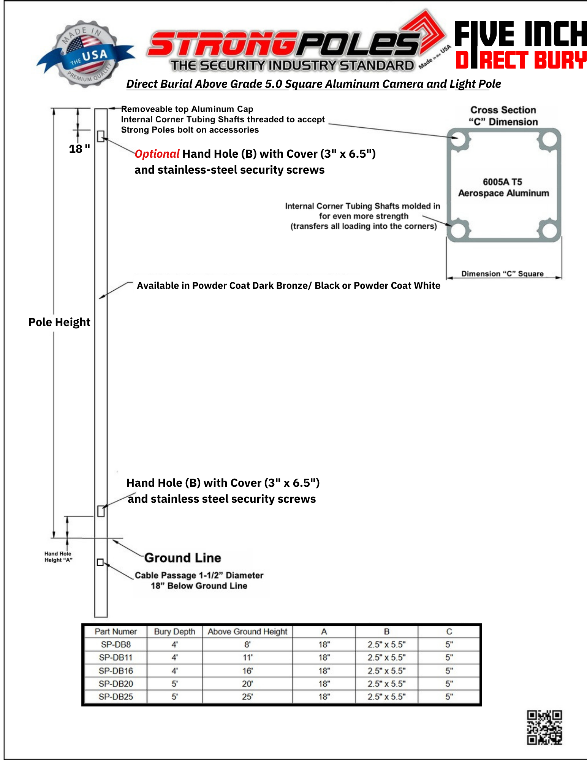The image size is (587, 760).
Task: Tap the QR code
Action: pos(544,727)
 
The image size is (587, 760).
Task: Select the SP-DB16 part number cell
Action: pos(116,671)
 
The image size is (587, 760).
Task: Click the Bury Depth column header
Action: pos(174,632)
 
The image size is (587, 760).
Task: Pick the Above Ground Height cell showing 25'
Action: pos(247,697)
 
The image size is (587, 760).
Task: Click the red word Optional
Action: pos(157,154)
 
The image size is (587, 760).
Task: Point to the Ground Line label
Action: pos(183,558)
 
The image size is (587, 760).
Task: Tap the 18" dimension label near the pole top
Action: pos(79,149)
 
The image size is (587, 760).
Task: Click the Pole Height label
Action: pos(59,322)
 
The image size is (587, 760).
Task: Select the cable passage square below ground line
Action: pos(100,562)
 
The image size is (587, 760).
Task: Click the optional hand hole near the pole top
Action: pos(101,136)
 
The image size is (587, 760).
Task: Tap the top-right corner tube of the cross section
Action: pos(549,139)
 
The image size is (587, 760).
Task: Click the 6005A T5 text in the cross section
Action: pos(502,182)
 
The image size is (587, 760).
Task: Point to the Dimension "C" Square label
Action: pos(502,274)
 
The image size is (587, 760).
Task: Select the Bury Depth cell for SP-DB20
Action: pos(174,684)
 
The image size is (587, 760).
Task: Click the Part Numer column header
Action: pos(116,632)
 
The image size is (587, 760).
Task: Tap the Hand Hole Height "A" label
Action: pos(58,557)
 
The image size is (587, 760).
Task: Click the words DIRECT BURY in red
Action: pos(521,60)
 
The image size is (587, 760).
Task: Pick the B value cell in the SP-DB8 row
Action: pos(386,644)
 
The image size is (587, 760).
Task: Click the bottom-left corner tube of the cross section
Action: pos(458,230)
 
